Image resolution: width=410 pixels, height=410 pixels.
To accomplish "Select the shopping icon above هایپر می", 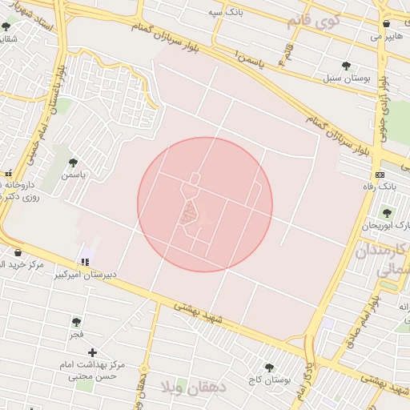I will (386, 23).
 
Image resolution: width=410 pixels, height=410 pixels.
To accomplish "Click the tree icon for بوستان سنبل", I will (346, 66).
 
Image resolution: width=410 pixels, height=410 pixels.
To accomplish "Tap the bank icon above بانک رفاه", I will (380, 175).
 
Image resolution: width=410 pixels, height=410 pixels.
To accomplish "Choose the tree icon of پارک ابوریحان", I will (388, 213).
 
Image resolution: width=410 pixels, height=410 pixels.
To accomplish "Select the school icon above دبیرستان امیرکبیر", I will (84, 262).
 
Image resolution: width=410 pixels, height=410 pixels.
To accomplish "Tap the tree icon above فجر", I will (76, 322).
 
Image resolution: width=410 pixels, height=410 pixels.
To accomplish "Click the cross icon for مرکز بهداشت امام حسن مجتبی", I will (93, 352).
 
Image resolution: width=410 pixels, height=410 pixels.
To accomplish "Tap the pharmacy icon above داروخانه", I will (9, 173).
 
